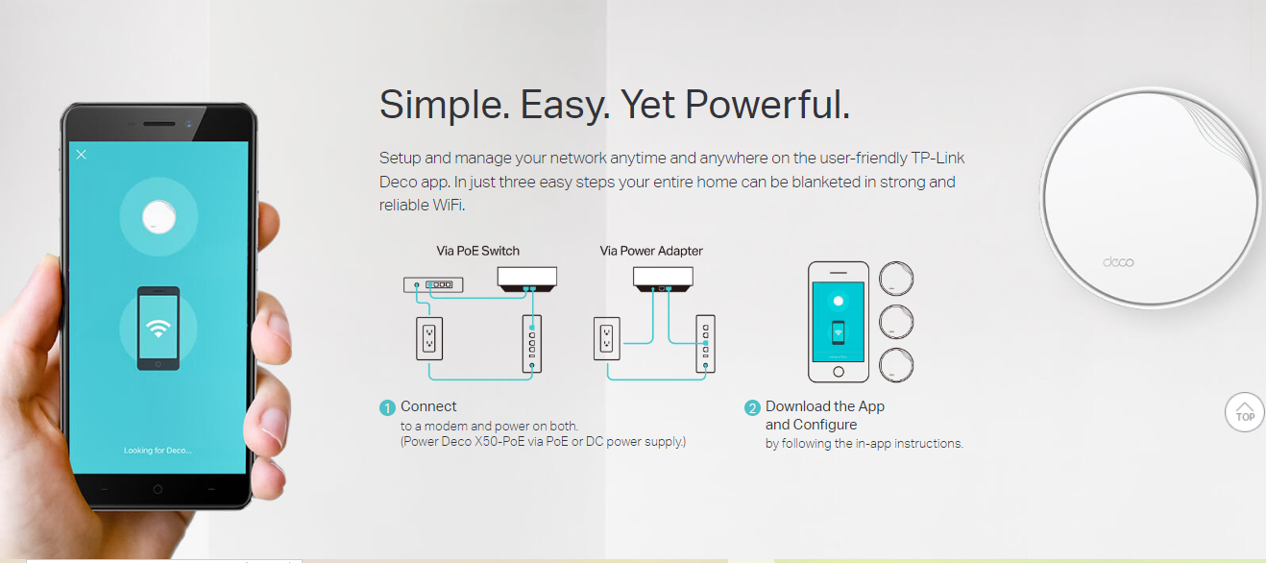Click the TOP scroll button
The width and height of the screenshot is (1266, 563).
click(x=1245, y=411)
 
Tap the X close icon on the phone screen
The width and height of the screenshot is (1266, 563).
click(x=82, y=154)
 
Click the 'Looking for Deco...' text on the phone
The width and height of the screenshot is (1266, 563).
click(x=158, y=450)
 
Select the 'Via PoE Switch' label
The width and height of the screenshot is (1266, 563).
click(x=477, y=251)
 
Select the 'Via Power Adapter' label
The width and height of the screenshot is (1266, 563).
click(x=651, y=251)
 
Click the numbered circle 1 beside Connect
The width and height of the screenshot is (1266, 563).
click(x=388, y=407)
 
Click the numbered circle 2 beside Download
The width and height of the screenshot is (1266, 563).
click(x=753, y=407)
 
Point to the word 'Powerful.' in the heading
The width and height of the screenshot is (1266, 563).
click(x=767, y=105)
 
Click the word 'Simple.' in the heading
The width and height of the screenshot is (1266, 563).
click(x=445, y=105)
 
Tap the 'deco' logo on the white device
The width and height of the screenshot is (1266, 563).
click(x=1118, y=262)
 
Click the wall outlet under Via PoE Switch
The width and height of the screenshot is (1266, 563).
click(x=429, y=337)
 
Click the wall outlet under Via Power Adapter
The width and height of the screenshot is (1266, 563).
click(x=606, y=337)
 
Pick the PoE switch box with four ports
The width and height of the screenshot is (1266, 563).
click(x=433, y=284)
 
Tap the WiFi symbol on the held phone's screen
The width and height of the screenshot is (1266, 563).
click(x=158, y=328)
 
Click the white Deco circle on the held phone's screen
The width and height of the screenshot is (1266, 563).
click(x=158, y=216)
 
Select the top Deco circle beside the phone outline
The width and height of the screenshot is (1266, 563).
click(x=896, y=280)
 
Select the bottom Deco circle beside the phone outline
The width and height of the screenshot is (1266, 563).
click(x=896, y=365)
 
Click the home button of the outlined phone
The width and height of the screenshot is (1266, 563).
click(x=838, y=372)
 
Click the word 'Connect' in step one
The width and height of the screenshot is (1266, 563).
click(x=428, y=406)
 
